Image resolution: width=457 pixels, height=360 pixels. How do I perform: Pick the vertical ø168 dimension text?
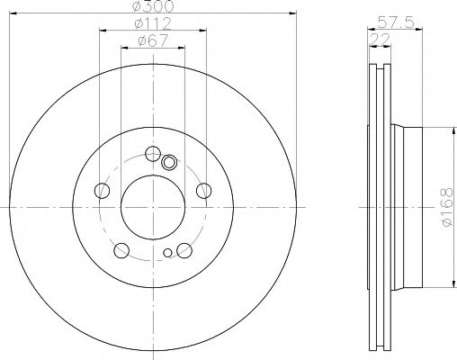[447, 207]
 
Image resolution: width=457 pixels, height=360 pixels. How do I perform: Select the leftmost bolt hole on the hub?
[102, 190]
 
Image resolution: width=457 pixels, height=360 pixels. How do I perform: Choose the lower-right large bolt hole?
[184, 250]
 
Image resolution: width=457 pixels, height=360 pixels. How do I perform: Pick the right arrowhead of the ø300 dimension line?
[294, 13]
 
